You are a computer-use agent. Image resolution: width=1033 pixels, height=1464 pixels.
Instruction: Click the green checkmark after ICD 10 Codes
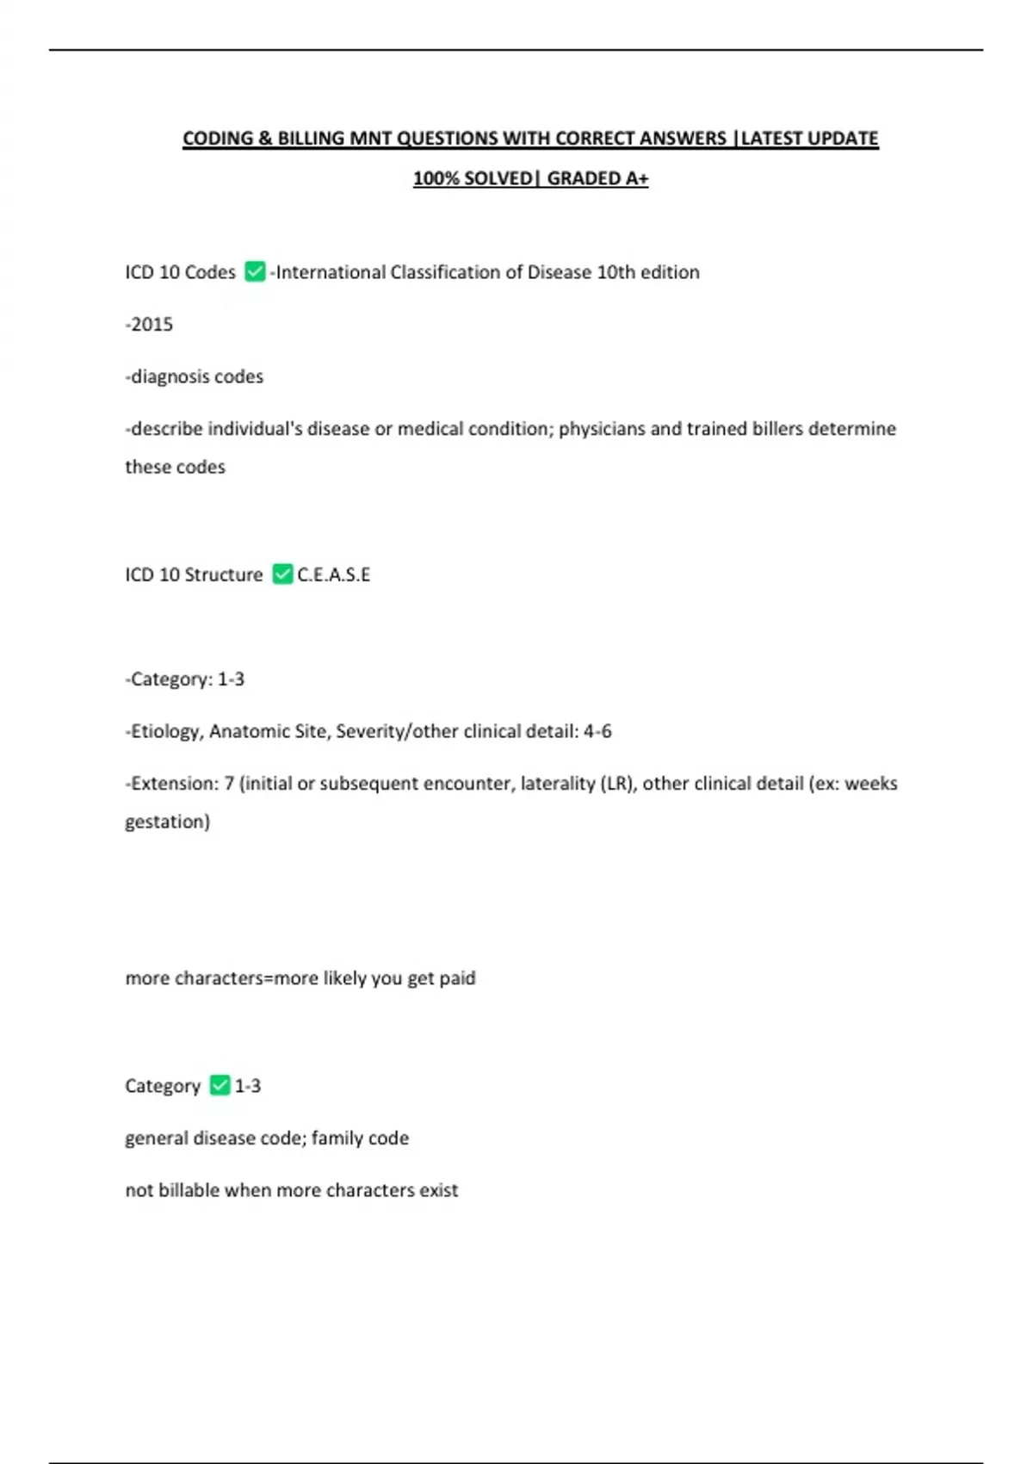255,272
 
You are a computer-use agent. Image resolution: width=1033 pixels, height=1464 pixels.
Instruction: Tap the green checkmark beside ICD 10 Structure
282,574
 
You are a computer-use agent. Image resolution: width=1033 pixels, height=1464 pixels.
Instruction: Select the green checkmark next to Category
220,1085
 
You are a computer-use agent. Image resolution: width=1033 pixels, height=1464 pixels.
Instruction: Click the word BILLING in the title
311,139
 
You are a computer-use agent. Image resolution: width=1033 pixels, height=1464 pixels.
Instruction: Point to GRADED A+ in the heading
597,178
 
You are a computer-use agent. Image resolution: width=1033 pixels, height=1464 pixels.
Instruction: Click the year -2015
150,325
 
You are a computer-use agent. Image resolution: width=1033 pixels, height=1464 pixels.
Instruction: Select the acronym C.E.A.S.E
334,574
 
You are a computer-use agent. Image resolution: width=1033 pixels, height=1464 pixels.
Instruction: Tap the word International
331,272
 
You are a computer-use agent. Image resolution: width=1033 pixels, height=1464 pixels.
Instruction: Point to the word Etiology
166,731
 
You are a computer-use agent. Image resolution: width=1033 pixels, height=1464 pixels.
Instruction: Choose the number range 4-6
597,731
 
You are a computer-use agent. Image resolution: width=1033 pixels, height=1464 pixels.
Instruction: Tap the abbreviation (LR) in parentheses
618,784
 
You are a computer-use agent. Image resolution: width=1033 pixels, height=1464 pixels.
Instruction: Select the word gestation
167,822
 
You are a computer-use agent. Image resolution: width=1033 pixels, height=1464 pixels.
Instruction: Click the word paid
457,978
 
